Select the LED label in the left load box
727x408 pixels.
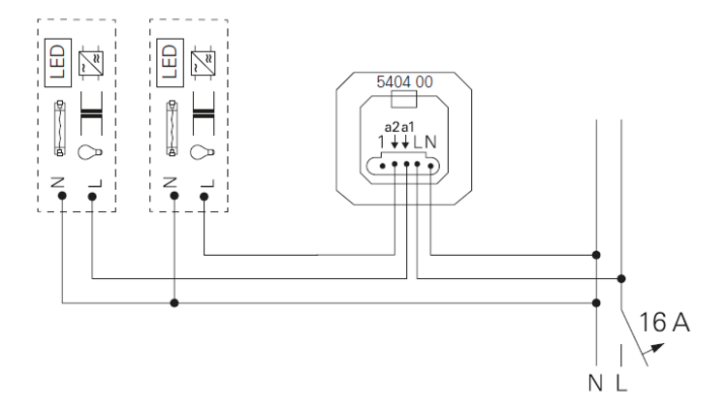tap(56, 60)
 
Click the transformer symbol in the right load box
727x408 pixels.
tap(203, 111)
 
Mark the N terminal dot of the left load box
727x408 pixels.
tap(63, 197)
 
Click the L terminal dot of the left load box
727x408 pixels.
tap(92, 197)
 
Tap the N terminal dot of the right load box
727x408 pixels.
tap(174, 197)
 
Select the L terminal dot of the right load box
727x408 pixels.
tap(204, 197)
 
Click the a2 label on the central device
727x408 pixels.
tap(393, 127)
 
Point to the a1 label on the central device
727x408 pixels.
tap(407, 127)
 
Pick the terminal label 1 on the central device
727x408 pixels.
tap(382, 142)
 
